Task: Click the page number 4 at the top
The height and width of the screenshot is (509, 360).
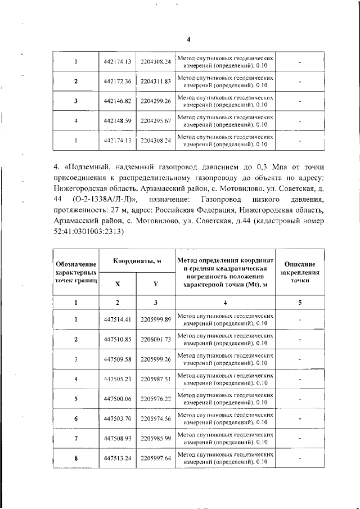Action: click(x=188, y=39)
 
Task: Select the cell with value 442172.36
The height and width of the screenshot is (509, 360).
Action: click(x=118, y=82)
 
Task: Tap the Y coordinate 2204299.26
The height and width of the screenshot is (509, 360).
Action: click(x=156, y=101)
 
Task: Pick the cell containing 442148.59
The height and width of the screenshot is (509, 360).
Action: click(x=118, y=121)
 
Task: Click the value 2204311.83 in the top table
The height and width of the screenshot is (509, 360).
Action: click(x=156, y=82)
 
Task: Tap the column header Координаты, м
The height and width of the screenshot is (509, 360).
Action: click(x=137, y=262)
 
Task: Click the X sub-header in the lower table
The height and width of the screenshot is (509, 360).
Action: click(x=118, y=284)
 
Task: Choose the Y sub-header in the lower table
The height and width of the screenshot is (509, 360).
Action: click(x=156, y=284)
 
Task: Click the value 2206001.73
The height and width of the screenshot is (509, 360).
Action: click(x=156, y=340)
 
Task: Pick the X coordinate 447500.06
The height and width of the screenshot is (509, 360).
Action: click(x=118, y=398)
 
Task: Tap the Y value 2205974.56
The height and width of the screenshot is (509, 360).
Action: click(x=156, y=418)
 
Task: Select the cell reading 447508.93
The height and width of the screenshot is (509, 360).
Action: click(x=118, y=438)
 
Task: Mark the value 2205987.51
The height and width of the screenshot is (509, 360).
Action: click(x=156, y=379)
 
